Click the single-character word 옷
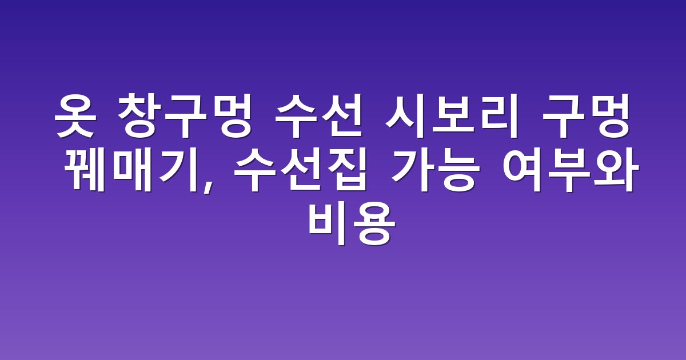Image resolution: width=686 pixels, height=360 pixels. (75, 117)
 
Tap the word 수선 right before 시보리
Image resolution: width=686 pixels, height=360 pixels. (318, 117)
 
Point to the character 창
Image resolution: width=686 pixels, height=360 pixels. (139, 117)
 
